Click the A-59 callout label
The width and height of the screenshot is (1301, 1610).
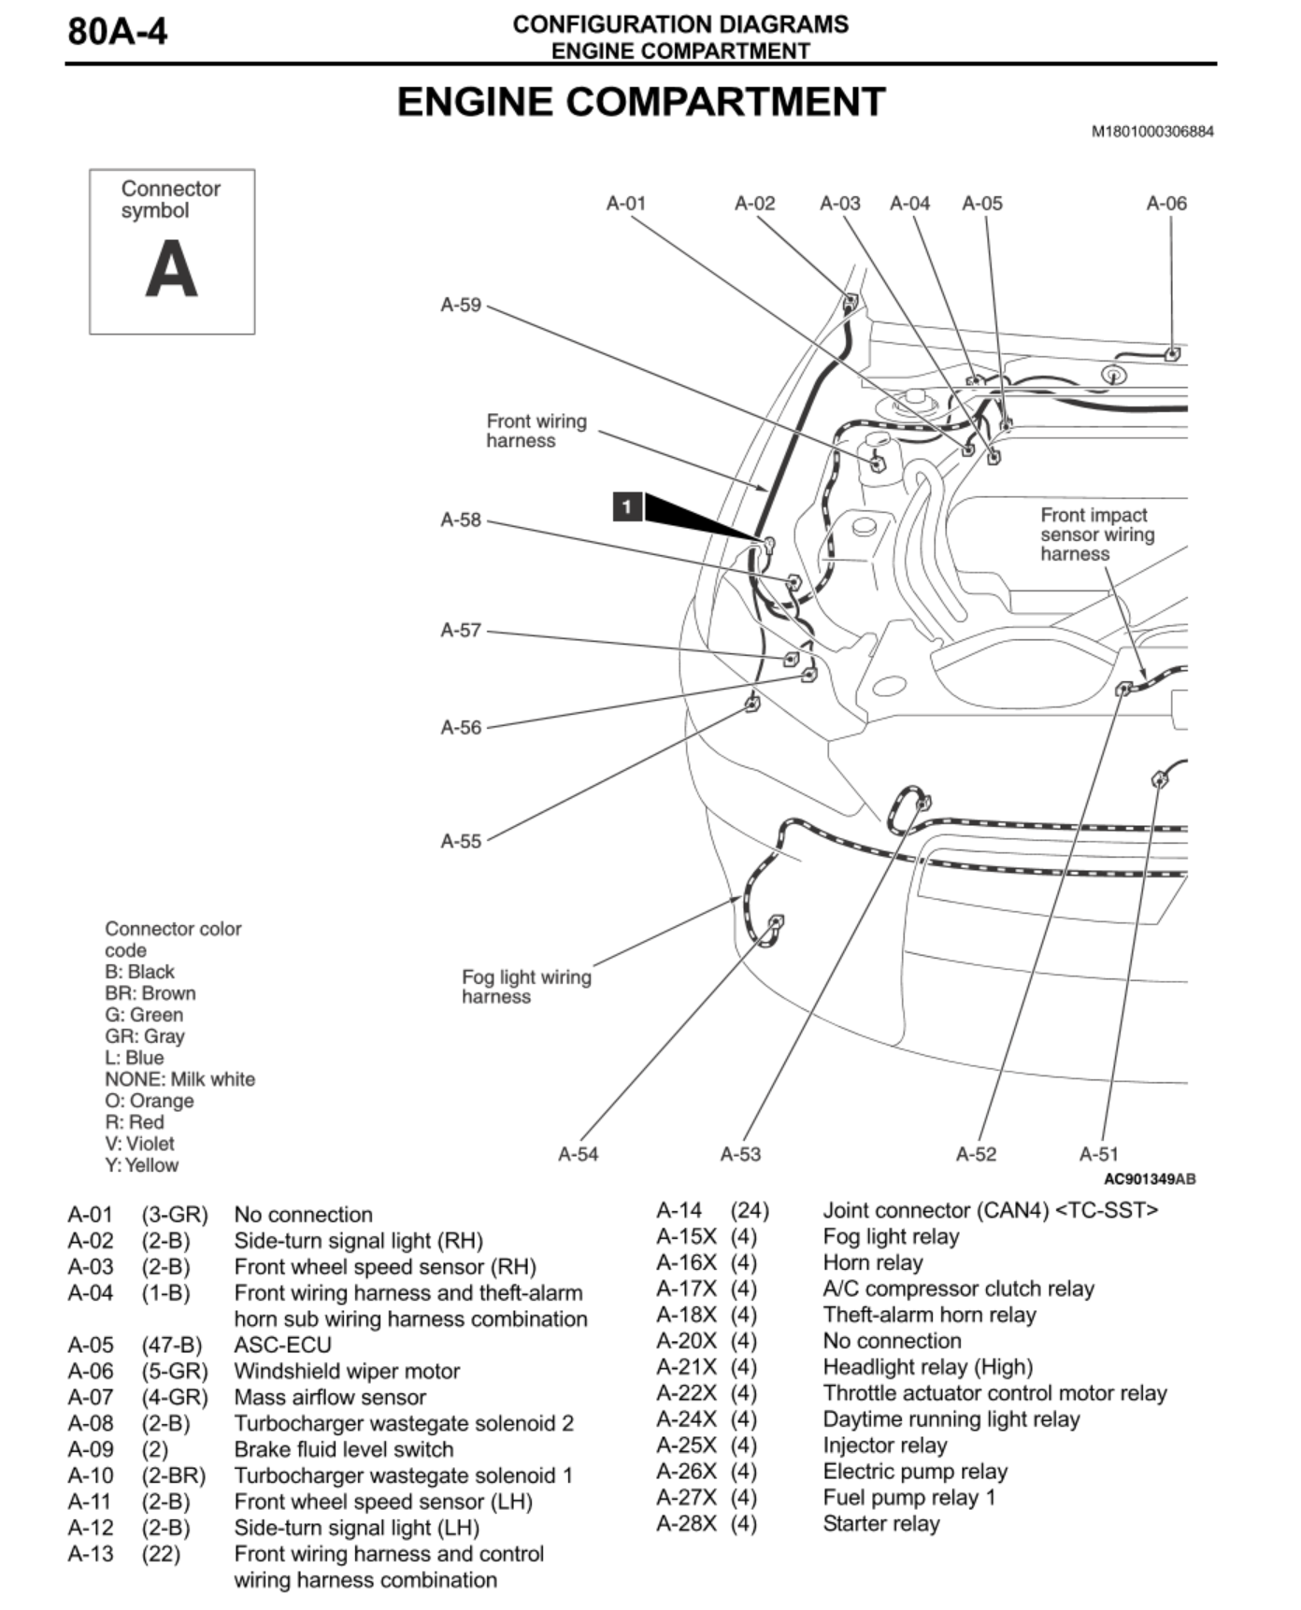click(x=461, y=305)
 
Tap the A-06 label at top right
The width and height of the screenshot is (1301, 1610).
click(x=1166, y=203)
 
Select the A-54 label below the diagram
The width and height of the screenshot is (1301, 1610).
click(x=578, y=1154)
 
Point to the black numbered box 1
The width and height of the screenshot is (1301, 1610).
click(x=627, y=506)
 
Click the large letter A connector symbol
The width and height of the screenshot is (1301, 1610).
click(x=172, y=268)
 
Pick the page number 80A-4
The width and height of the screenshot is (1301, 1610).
click(x=118, y=32)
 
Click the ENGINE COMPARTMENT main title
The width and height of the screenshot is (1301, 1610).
click(x=641, y=102)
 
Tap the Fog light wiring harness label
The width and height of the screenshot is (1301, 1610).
click(x=526, y=987)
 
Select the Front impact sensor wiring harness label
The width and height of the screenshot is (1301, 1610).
click(x=1097, y=534)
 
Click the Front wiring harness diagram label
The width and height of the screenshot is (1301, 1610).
click(x=536, y=431)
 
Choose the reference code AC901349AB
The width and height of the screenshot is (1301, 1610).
click(x=1150, y=1179)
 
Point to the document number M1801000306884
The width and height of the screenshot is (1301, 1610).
click(x=1152, y=132)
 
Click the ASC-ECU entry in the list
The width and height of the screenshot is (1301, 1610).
click(x=282, y=1345)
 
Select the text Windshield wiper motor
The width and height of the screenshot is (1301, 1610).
click(x=347, y=1371)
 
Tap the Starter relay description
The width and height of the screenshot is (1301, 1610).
click(x=881, y=1523)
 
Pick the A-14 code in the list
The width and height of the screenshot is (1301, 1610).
click(x=679, y=1210)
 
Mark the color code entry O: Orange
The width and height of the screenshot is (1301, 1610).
click(x=150, y=1101)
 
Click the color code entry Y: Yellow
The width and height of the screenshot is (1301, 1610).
click(x=141, y=1165)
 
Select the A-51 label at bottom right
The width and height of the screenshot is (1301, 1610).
click(x=1098, y=1154)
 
